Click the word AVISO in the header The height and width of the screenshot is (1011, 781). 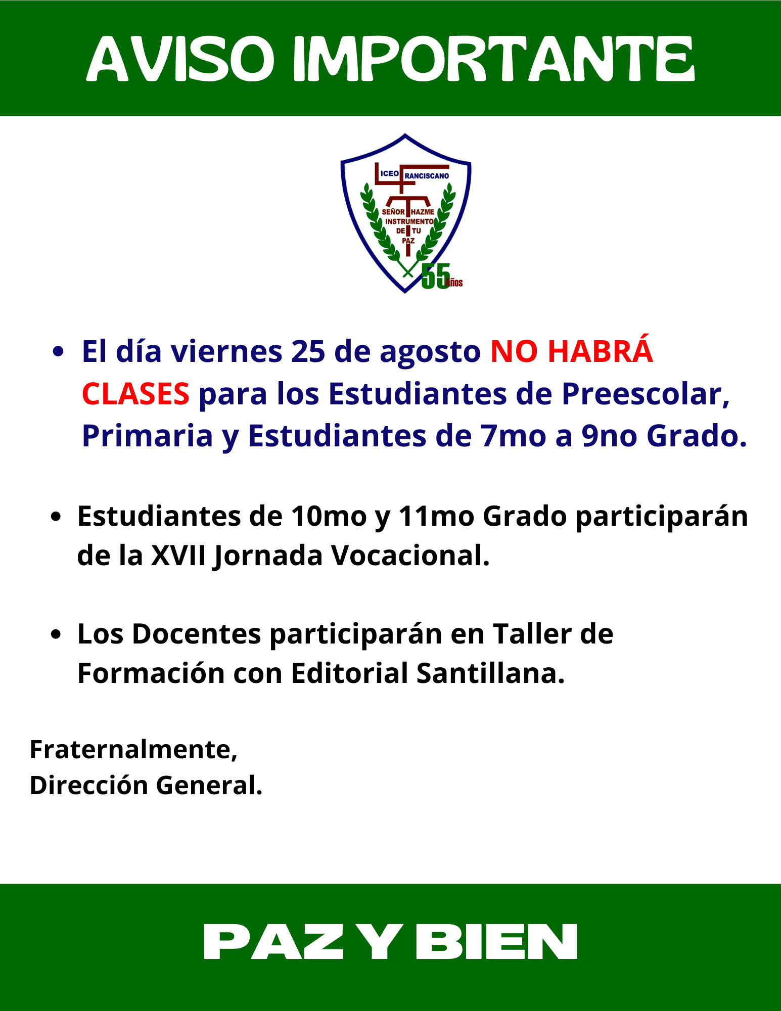click(x=180, y=59)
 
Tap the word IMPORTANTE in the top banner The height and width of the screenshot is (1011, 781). click(x=494, y=59)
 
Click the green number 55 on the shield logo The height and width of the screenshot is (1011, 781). click(x=436, y=276)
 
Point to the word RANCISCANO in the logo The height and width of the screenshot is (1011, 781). click(x=427, y=176)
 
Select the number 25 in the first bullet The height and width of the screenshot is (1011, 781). click(x=308, y=351)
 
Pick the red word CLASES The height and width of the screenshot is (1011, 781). click(x=135, y=394)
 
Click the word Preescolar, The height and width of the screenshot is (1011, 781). click(x=646, y=394)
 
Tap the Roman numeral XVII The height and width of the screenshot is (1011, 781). click(x=179, y=556)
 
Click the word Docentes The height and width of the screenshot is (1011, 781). click(x=197, y=634)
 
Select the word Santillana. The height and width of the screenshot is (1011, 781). click(x=490, y=674)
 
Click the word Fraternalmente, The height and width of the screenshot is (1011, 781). click(x=133, y=750)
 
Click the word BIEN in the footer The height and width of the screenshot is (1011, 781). click(x=497, y=942)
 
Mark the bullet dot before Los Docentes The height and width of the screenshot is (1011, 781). click(x=57, y=635)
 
